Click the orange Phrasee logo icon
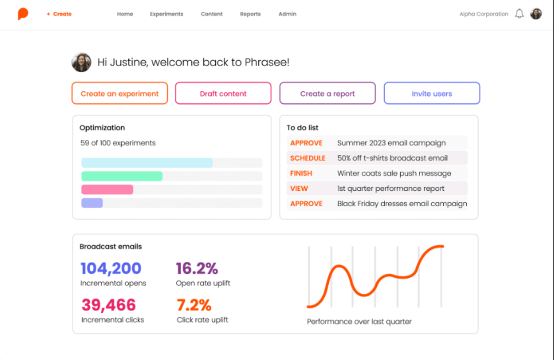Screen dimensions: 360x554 (23, 14)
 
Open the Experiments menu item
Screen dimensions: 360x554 (166, 14)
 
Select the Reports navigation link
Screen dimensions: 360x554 (250, 14)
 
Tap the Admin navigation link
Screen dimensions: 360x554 (287, 14)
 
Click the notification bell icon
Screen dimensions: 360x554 (519, 14)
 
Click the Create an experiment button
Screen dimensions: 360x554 (120, 93)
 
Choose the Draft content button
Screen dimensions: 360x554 (223, 93)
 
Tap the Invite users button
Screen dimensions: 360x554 (431, 93)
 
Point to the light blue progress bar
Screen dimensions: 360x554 (147, 163)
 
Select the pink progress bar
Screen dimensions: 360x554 (107, 189)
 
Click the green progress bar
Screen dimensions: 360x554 (122, 176)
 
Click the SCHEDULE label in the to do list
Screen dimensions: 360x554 (308, 158)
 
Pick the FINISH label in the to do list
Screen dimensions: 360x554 (301, 173)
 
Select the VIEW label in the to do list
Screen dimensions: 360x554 (299, 188)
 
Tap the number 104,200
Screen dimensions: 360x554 (111, 268)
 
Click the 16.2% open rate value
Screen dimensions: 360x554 (197, 268)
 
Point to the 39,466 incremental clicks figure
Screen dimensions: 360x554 (109, 305)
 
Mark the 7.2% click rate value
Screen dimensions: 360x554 (194, 305)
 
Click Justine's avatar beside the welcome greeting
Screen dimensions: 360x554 (82, 63)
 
